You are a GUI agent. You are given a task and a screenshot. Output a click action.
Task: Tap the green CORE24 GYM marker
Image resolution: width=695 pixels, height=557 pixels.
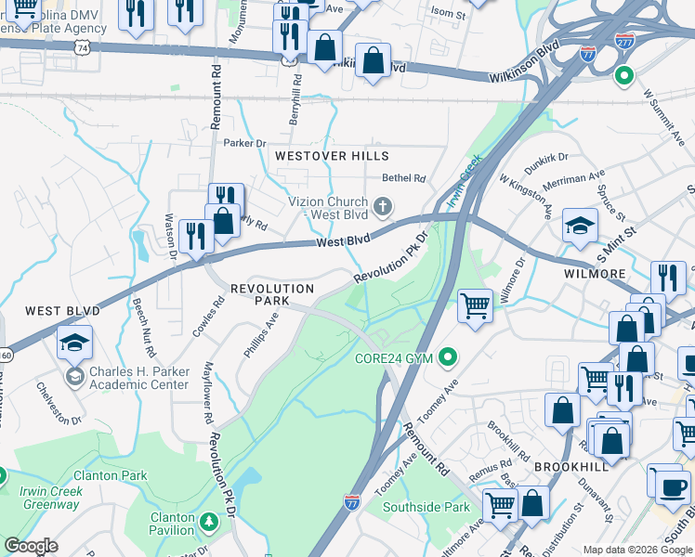(x=449, y=356)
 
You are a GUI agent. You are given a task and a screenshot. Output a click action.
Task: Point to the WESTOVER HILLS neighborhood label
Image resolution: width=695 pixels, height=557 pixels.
(x=331, y=156)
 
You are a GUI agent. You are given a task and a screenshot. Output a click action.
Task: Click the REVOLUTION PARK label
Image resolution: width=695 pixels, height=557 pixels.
(x=272, y=295)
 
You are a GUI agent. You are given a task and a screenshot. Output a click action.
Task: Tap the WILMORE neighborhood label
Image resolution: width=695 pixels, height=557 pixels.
(x=595, y=275)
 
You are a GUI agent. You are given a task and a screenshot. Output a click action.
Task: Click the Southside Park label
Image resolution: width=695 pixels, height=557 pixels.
(x=427, y=507)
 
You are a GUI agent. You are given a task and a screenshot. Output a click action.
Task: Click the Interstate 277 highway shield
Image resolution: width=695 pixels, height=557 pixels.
(x=624, y=40)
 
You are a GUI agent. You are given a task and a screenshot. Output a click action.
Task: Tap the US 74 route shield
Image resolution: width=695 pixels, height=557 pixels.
(x=84, y=45)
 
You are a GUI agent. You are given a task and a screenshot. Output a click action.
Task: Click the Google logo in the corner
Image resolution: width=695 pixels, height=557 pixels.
(x=31, y=546)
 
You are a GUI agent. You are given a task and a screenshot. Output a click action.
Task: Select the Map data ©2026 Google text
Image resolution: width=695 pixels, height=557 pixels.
(x=637, y=550)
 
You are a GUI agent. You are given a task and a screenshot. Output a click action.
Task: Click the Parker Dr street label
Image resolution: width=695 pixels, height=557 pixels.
(x=244, y=143)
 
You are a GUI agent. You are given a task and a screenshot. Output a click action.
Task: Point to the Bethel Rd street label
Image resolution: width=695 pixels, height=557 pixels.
(x=403, y=178)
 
